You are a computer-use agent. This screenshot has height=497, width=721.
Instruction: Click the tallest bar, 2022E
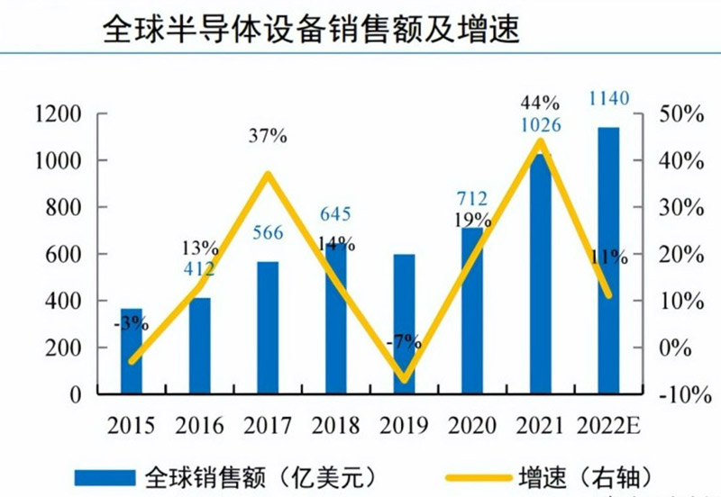pyautogui.click(x=608, y=261)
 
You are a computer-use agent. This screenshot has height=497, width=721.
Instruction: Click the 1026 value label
pyautogui.click(x=541, y=125)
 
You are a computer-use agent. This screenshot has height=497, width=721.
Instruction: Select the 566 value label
pyautogui.click(x=269, y=233)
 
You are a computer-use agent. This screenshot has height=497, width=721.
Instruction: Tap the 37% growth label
pyautogui.click(x=268, y=137)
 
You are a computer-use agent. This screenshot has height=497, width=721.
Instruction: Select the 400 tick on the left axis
pyautogui.click(x=65, y=301)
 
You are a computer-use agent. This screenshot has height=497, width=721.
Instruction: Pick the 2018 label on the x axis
pyautogui.click(x=336, y=425)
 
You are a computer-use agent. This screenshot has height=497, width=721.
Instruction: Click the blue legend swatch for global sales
pyautogui.click(x=103, y=474)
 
